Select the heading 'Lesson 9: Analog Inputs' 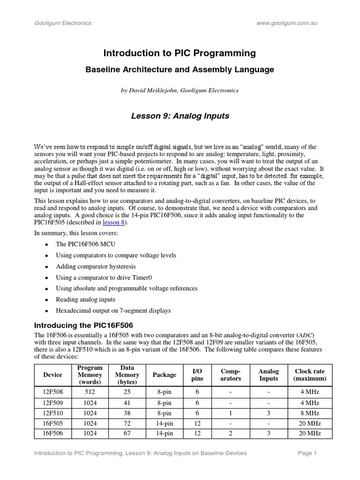pos(180,116)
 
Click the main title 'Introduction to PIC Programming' pos(180,53)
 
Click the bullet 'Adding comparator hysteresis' pos(96,266)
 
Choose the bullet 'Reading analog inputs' pos(85,300)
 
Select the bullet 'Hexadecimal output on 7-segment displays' pos(113,310)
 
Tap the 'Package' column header pos(165,375)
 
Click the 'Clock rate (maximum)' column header pos(310,375)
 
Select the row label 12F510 pos(52,413)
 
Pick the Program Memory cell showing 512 pos(90,391)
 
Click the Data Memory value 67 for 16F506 pos(127,434)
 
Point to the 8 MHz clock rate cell pos(310,413)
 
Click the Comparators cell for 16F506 pos(231,434)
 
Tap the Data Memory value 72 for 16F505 pos(127,423)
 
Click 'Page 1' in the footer pos(308,453)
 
